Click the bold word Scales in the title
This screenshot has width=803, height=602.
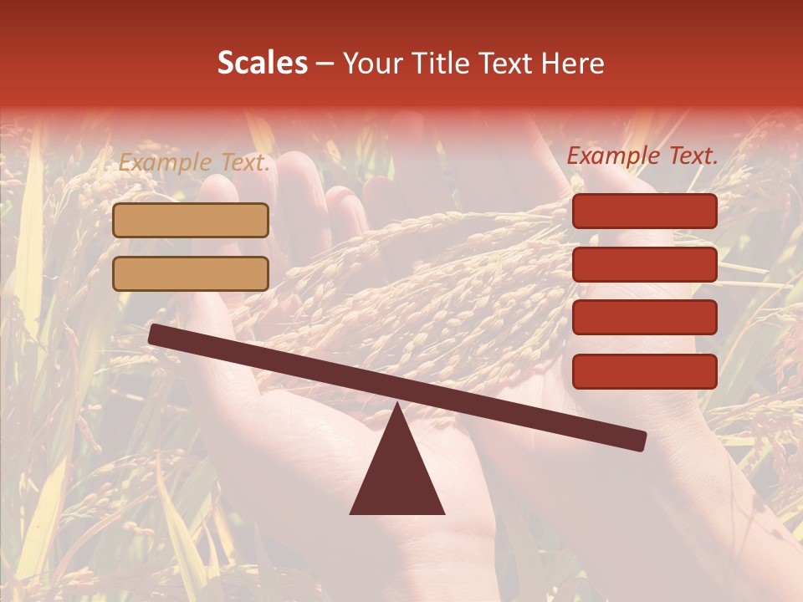(263, 64)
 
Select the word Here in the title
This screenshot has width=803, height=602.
(573, 64)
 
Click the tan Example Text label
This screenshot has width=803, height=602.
(194, 163)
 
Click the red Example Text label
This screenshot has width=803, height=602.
(642, 156)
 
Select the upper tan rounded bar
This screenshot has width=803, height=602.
(191, 220)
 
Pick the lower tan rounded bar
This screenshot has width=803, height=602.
(191, 273)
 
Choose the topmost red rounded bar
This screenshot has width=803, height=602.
(645, 211)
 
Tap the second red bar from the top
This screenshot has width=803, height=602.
(645, 264)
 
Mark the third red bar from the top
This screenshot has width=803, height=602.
(645, 318)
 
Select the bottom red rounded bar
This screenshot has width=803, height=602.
(645, 371)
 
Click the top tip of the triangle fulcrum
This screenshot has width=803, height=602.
(397, 406)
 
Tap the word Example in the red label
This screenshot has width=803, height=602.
(613, 156)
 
